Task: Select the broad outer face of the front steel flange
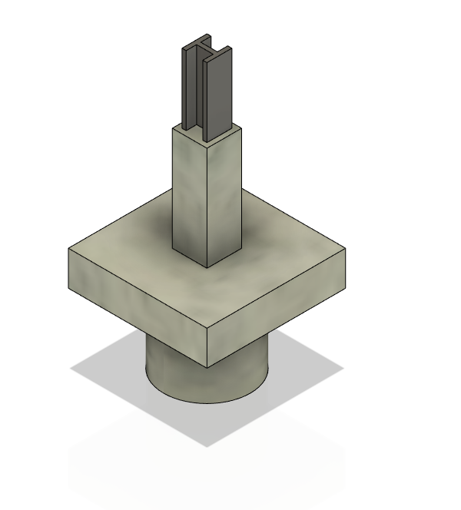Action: pos(218,96)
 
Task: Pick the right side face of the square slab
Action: pos(277,307)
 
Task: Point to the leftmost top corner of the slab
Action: pos(69,249)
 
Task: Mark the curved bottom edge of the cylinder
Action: pos(207,401)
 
